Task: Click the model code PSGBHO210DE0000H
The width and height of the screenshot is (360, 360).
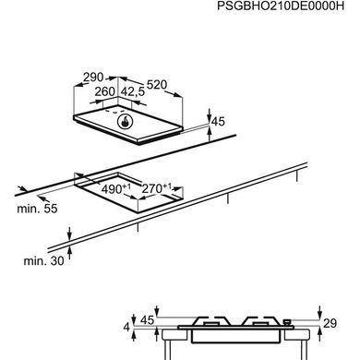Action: [x=281, y=6]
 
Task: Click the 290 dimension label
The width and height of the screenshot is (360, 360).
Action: [x=93, y=78]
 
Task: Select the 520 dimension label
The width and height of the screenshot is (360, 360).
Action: [x=157, y=85]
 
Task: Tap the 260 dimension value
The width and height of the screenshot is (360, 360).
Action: [x=104, y=91]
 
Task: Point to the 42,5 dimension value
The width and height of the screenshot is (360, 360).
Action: [x=133, y=91]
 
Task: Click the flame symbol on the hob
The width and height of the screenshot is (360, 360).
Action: [x=125, y=122]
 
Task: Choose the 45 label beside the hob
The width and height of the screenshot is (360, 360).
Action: [x=219, y=122]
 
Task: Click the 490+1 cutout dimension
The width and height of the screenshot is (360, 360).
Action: [x=116, y=188]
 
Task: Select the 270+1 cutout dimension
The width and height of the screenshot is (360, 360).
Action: [x=157, y=188]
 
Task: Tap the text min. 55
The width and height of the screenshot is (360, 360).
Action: [x=37, y=209]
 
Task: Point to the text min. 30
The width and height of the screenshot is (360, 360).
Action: [x=44, y=261]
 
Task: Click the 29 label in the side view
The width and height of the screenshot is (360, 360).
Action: [x=330, y=323]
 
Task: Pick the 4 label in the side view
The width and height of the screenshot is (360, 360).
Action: [x=126, y=327]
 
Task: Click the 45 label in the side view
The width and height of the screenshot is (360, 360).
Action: [x=147, y=320]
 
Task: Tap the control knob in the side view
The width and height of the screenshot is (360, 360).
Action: [x=287, y=322]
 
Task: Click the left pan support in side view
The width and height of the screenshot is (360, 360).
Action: [x=212, y=321]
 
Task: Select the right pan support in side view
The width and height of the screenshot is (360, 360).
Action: [x=261, y=321]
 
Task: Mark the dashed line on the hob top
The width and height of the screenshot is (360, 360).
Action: [x=114, y=111]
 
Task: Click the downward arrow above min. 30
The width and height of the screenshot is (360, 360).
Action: [x=70, y=234]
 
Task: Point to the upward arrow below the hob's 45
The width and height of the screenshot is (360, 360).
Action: [x=210, y=134]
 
